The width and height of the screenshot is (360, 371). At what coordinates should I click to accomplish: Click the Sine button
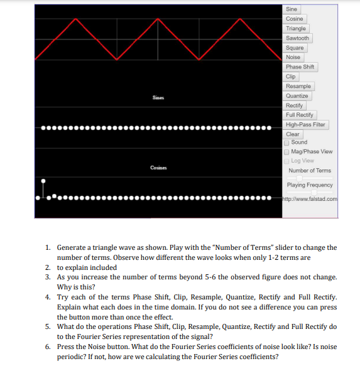pyautogui.click(x=292, y=9)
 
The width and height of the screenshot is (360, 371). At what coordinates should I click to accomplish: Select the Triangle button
pyautogui.click(x=296, y=28)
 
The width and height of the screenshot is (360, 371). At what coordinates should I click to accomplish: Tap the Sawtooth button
pyautogui.click(x=297, y=38)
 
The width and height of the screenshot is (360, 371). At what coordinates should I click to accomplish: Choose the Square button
pyautogui.click(x=295, y=48)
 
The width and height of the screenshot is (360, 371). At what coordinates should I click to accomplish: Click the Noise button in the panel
pyautogui.click(x=293, y=57)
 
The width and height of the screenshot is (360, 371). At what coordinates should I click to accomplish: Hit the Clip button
pyautogui.click(x=290, y=77)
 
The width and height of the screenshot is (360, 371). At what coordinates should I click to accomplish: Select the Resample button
pyautogui.click(x=298, y=86)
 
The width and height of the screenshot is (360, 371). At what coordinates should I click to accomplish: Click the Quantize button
pyautogui.click(x=297, y=96)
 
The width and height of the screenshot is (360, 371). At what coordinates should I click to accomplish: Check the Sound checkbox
pyautogui.click(x=288, y=142)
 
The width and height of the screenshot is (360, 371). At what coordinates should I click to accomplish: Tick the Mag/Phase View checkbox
pyautogui.click(x=288, y=151)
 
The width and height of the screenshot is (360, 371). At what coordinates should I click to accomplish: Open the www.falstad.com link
pyautogui.click(x=312, y=199)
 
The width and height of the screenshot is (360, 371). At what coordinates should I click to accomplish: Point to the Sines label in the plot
pyautogui.click(x=158, y=98)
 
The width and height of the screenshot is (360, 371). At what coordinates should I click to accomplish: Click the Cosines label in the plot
pyautogui.click(x=158, y=167)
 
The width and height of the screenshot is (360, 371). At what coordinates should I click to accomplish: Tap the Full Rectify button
pyautogui.click(x=300, y=115)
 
